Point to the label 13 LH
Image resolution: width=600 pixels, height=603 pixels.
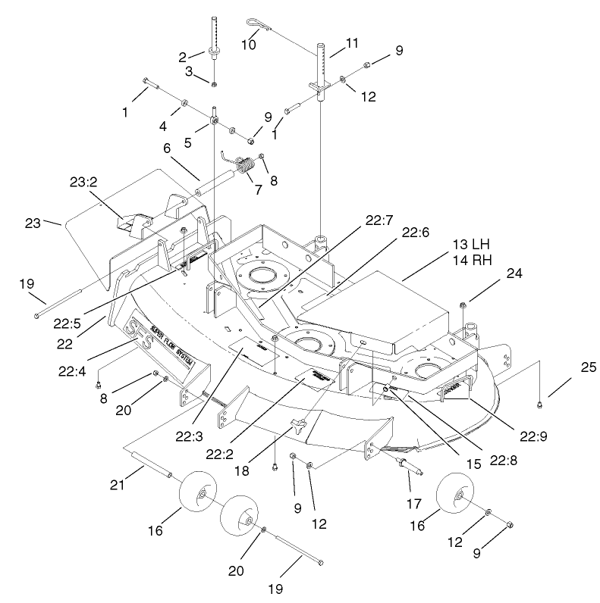(x=470, y=245)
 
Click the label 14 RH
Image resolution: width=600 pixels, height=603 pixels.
(x=470, y=259)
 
